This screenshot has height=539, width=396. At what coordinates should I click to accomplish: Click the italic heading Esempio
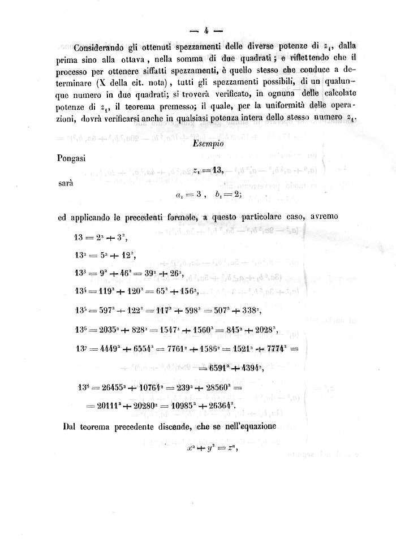click(x=208, y=144)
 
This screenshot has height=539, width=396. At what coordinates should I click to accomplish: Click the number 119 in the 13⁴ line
click(x=106, y=291)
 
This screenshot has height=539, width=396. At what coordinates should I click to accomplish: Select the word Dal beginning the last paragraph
click(x=69, y=426)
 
